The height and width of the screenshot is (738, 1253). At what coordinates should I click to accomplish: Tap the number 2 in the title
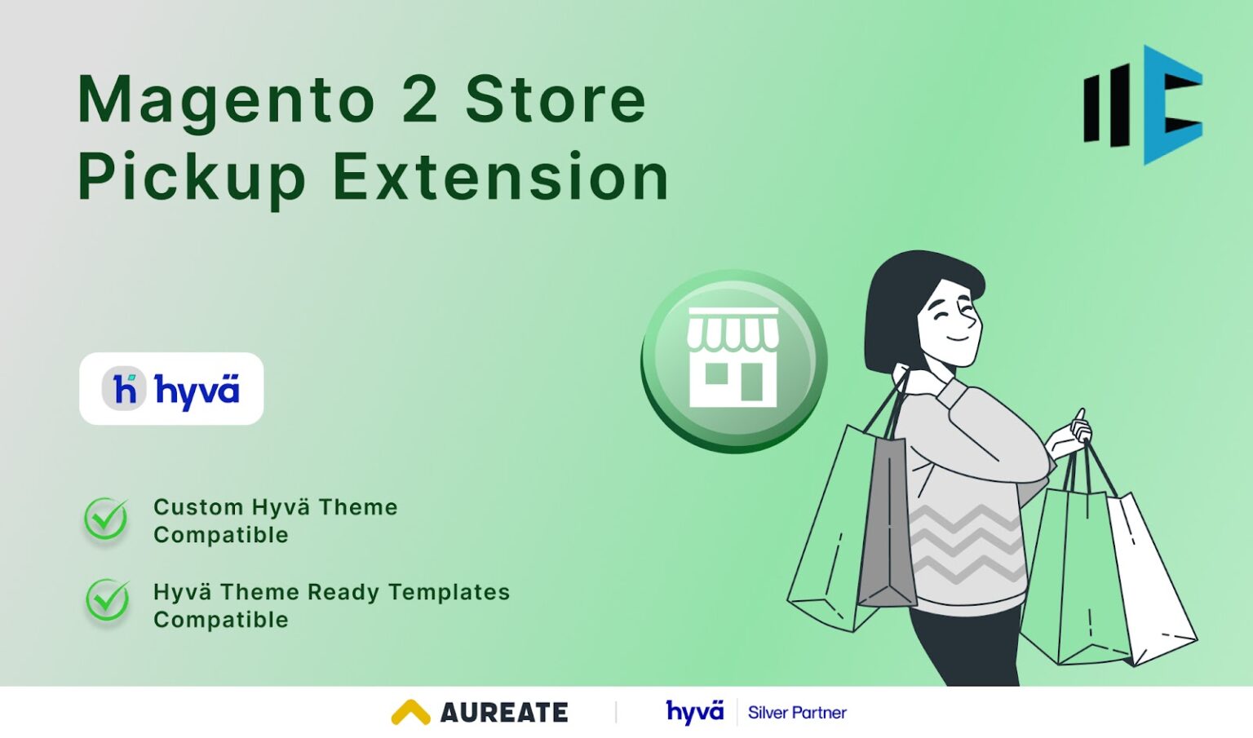[419, 99]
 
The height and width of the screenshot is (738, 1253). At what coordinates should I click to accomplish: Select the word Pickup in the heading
[191, 178]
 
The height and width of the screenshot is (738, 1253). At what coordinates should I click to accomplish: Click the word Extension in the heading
[501, 176]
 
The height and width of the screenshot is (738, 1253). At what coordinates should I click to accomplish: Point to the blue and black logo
[1143, 104]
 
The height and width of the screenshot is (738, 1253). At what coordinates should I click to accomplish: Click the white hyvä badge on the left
[171, 389]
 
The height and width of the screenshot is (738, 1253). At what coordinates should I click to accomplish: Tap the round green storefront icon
[733, 361]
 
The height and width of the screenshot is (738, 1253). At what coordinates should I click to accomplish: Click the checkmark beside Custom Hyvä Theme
[106, 519]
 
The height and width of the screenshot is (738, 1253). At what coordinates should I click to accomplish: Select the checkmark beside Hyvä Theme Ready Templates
[107, 601]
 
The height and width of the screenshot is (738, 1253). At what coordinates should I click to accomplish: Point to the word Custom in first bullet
[198, 507]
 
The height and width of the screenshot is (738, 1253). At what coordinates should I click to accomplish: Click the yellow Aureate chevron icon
[410, 712]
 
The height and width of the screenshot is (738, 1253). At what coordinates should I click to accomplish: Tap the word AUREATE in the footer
[504, 713]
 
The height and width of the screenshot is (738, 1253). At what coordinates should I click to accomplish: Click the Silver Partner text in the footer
[797, 713]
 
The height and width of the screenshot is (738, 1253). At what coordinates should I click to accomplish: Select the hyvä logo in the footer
[694, 712]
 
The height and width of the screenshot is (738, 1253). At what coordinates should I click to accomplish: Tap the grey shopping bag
[887, 522]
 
